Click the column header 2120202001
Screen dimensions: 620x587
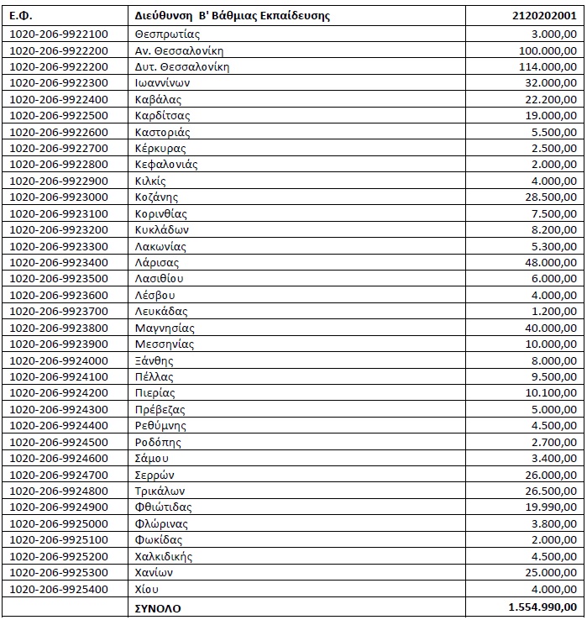click(x=544, y=15)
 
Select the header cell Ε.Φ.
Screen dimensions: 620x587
click(x=21, y=15)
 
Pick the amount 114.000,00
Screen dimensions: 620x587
click(x=548, y=66)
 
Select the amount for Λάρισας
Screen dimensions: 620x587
click(x=551, y=262)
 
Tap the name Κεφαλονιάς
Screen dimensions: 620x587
click(x=166, y=165)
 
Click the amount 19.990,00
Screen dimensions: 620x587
click(x=551, y=507)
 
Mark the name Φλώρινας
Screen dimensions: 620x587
click(x=160, y=523)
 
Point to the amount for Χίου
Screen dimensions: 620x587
click(x=554, y=588)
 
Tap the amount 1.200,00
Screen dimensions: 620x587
click(x=554, y=311)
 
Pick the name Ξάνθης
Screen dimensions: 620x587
click(x=154, y=360)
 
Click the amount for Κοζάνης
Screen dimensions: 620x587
click(x=551, y=197)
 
